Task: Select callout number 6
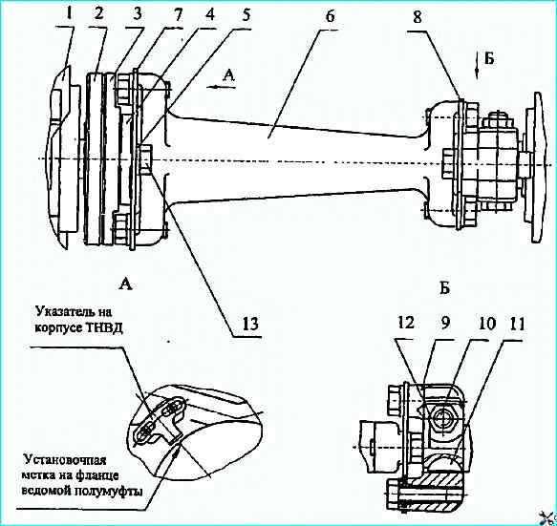tap(330, 16)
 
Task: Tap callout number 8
tap(418, 16)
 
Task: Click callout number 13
tap(249, 324)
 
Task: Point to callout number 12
tap(406, 323)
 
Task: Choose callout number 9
tap(444, 323)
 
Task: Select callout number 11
tap(516, 325)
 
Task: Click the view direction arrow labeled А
tap(222, 87)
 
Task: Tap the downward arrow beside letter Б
tap(477, 67)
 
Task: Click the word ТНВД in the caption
tap(104, 328)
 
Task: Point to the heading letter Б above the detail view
tap(445, 288)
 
